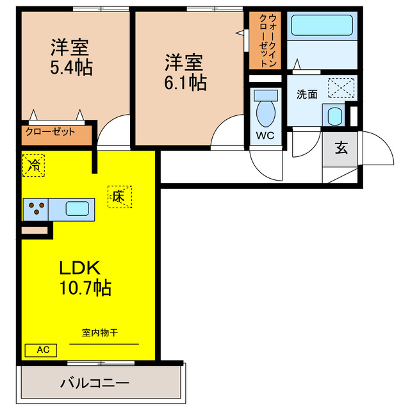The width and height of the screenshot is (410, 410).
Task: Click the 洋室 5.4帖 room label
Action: click(x=70, y=57)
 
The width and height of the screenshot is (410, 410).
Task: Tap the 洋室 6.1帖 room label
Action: click(x=185, y=72)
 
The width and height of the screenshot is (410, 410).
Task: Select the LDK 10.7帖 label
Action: click(x=85, y=277)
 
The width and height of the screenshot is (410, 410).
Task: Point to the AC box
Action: click(x=41, y=350)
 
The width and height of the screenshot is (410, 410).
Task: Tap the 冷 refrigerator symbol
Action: click(x=33, y=165)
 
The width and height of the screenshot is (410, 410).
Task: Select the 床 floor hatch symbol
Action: click(x=119, y=196)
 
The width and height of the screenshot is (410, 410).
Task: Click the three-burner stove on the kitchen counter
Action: click(x=37, y=208)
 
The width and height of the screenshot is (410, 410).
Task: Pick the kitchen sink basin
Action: click(x=77, y=208)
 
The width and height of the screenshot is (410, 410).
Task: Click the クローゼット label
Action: click(x=50, y=133)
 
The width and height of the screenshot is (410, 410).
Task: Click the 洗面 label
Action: click(x=307, y=94)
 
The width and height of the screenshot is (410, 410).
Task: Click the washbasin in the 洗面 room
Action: click(x=334, y=117)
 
